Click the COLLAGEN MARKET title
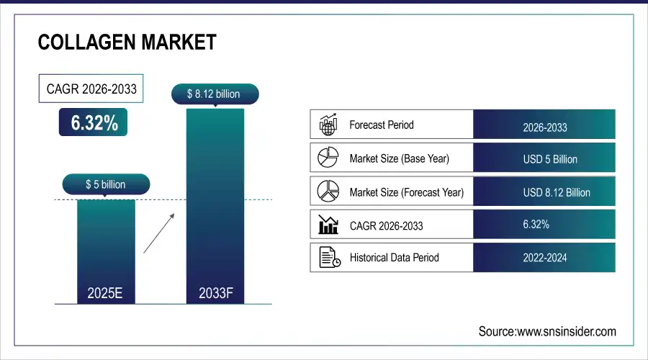[x=127, y=42]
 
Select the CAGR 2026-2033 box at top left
[x=91, y=90]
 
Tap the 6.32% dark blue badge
[x=94, y=122]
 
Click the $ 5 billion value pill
[x=105, y=185]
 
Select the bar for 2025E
[x=105, y=248]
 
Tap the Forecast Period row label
[x=381, y=125]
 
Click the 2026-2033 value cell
[x=544, y=127]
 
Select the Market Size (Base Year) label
[x=398, y=158]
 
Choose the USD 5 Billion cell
[x=544, y=159]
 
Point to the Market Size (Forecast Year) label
[x=406, y=192]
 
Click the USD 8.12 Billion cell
[x=544, y=192]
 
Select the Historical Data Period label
[x=394, y=257]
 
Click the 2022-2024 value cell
[x=544, y=257]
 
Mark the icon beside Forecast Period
[x=328, y=125]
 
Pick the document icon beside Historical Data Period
[x=328, y=257]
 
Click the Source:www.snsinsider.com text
[x=547, y=331]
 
